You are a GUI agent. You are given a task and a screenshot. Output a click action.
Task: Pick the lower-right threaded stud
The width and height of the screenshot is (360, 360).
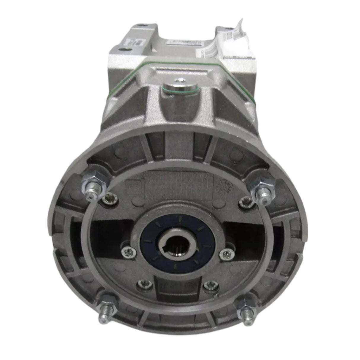[x=247, y=309]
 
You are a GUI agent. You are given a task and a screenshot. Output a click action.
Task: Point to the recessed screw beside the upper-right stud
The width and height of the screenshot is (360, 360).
[x=244, y=202]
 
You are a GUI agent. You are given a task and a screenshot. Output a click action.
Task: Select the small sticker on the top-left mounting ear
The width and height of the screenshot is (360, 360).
[x=138, y=42]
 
